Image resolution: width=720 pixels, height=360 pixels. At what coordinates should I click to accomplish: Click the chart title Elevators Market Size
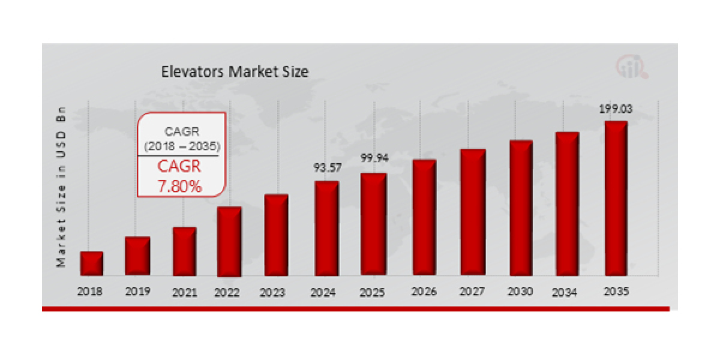click(x=235, y=72)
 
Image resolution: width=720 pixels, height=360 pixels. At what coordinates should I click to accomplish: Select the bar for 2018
click(x=92, y=264)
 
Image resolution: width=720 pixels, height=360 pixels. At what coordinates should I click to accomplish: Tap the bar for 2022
click(x=229, y=242)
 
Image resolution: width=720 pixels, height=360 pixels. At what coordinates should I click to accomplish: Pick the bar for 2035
click(x=616, y=199)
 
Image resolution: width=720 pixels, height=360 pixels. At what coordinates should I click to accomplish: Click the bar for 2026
click(x=424, y=218)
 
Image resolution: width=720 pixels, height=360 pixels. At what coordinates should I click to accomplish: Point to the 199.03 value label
click(x=616, y=110)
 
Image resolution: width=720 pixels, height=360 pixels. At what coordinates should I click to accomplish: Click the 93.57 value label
click(x=326, y=168)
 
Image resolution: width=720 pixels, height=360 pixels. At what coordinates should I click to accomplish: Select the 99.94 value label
click(x=373, y=158)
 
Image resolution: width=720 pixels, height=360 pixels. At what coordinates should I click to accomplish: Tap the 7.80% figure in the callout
click(x=180, y=187)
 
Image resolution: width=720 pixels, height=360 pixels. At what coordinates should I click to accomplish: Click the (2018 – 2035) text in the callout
click(x=182, y=146)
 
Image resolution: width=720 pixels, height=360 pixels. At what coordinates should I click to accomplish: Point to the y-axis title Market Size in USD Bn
click(x=61, y=187)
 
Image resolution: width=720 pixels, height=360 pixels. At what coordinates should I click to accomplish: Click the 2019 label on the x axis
click(x=137, y=292)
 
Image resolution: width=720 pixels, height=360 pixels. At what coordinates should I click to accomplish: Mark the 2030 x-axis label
click(x=520, y=292)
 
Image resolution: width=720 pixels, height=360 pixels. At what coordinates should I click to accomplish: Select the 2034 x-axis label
click(x=565, y=293)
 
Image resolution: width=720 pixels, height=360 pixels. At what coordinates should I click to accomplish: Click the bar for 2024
click(x=326, y=229)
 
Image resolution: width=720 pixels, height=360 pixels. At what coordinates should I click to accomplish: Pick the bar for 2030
click(x=521, y=208)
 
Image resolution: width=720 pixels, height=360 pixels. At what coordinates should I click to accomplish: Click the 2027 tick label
click(x=472, y=292)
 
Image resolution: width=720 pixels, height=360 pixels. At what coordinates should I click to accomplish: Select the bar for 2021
click(x=184, y=251)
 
